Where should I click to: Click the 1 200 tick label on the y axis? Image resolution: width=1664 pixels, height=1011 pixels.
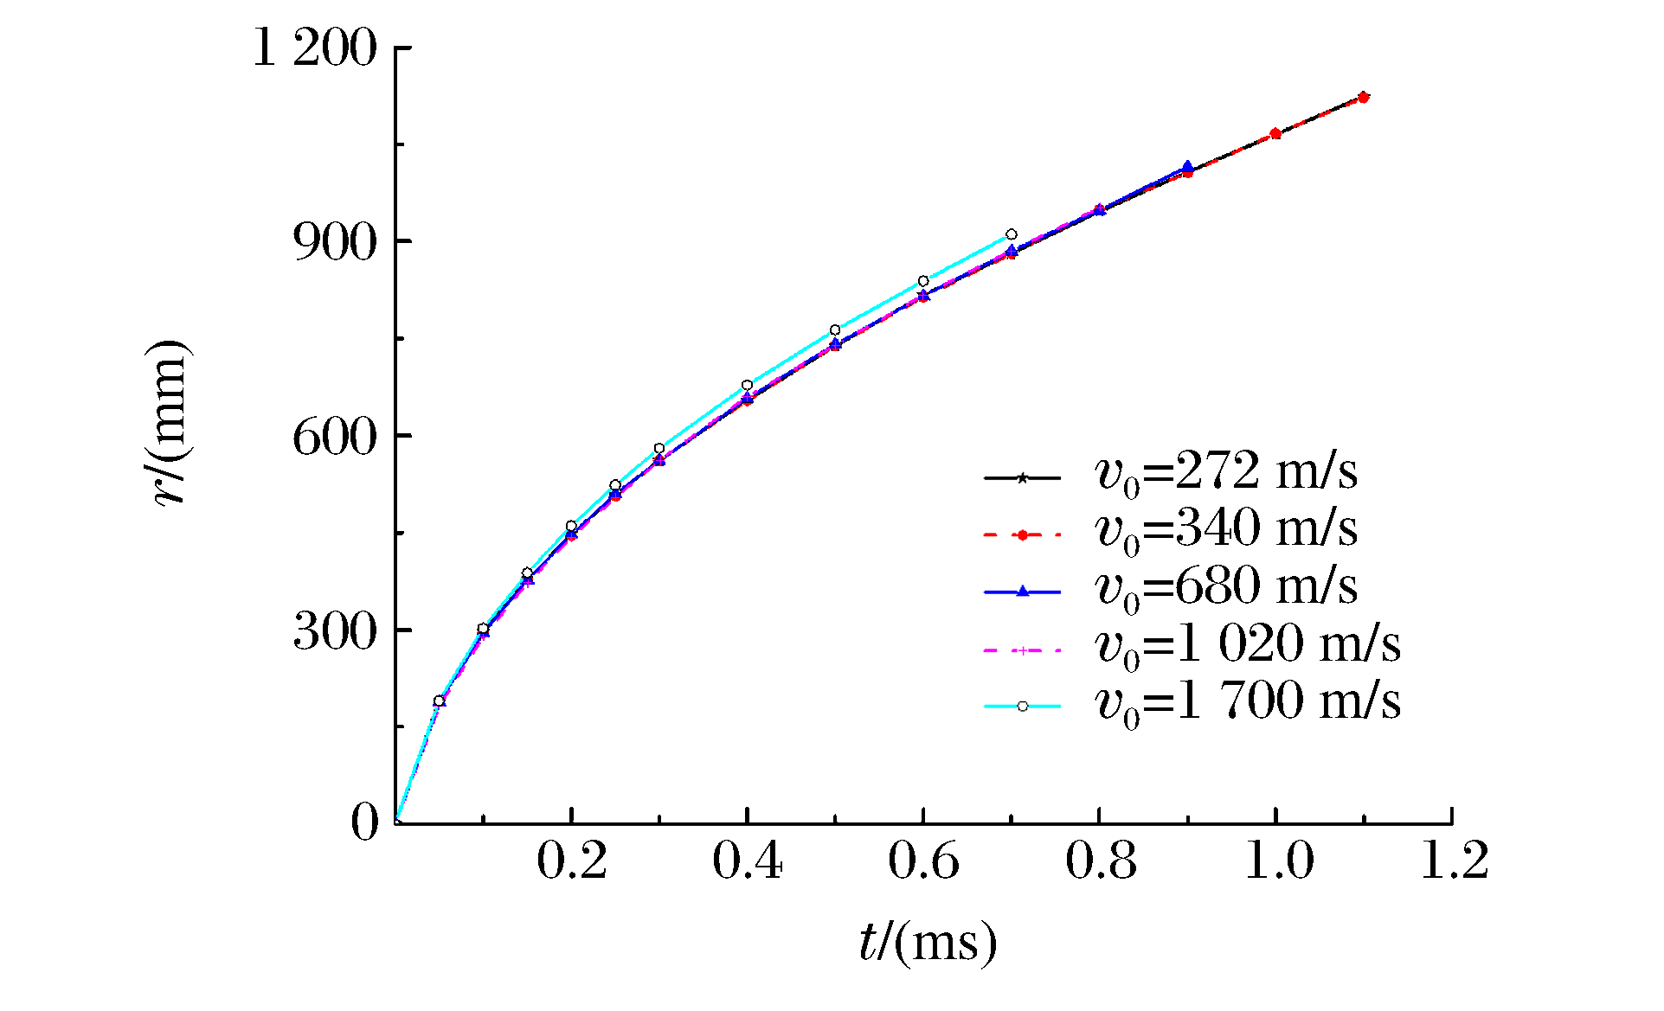(x=314, y=48)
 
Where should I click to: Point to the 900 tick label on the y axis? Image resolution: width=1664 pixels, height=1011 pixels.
(x=336, y=242)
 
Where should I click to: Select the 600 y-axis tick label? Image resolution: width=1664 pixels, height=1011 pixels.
(x=336, y=437)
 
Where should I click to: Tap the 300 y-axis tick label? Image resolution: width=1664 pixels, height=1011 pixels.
(x=336, y=631)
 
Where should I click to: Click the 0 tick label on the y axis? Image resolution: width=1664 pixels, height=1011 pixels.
(x=364, y=822)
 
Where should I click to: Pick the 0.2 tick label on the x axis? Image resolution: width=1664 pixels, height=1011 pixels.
(x=572, y=861)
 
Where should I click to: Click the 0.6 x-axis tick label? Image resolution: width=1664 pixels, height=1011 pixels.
(x=923, y=861)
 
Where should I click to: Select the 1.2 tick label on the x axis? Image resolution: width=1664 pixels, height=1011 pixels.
(x=1454, y=861)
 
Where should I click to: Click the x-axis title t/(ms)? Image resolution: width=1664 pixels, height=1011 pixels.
(x=928, y=942)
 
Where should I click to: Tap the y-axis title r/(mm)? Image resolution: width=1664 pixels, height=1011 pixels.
(x=169, y=423)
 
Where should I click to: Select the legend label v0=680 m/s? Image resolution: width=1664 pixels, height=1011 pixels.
(x=1225, y=588)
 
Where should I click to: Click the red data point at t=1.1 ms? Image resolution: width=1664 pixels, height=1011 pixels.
(x=1363, y=98)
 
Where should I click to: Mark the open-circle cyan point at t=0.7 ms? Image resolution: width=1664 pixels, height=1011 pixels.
(x=1011, y=234)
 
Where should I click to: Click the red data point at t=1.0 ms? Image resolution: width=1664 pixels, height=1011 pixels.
(x=1275, y=133)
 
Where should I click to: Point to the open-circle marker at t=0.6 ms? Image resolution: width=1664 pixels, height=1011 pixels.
(x=923, y=281)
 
